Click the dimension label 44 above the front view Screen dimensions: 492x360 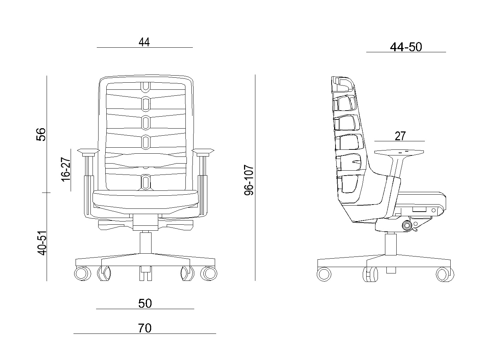144,42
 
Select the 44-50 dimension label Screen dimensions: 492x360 406,47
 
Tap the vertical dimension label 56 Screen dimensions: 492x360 41,134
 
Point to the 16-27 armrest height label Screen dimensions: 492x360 66,169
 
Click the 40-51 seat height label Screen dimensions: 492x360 42,243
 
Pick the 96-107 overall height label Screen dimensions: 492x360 249,180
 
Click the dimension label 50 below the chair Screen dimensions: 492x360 145,303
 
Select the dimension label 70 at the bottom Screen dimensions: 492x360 145,328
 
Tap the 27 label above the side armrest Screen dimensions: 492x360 400,136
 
